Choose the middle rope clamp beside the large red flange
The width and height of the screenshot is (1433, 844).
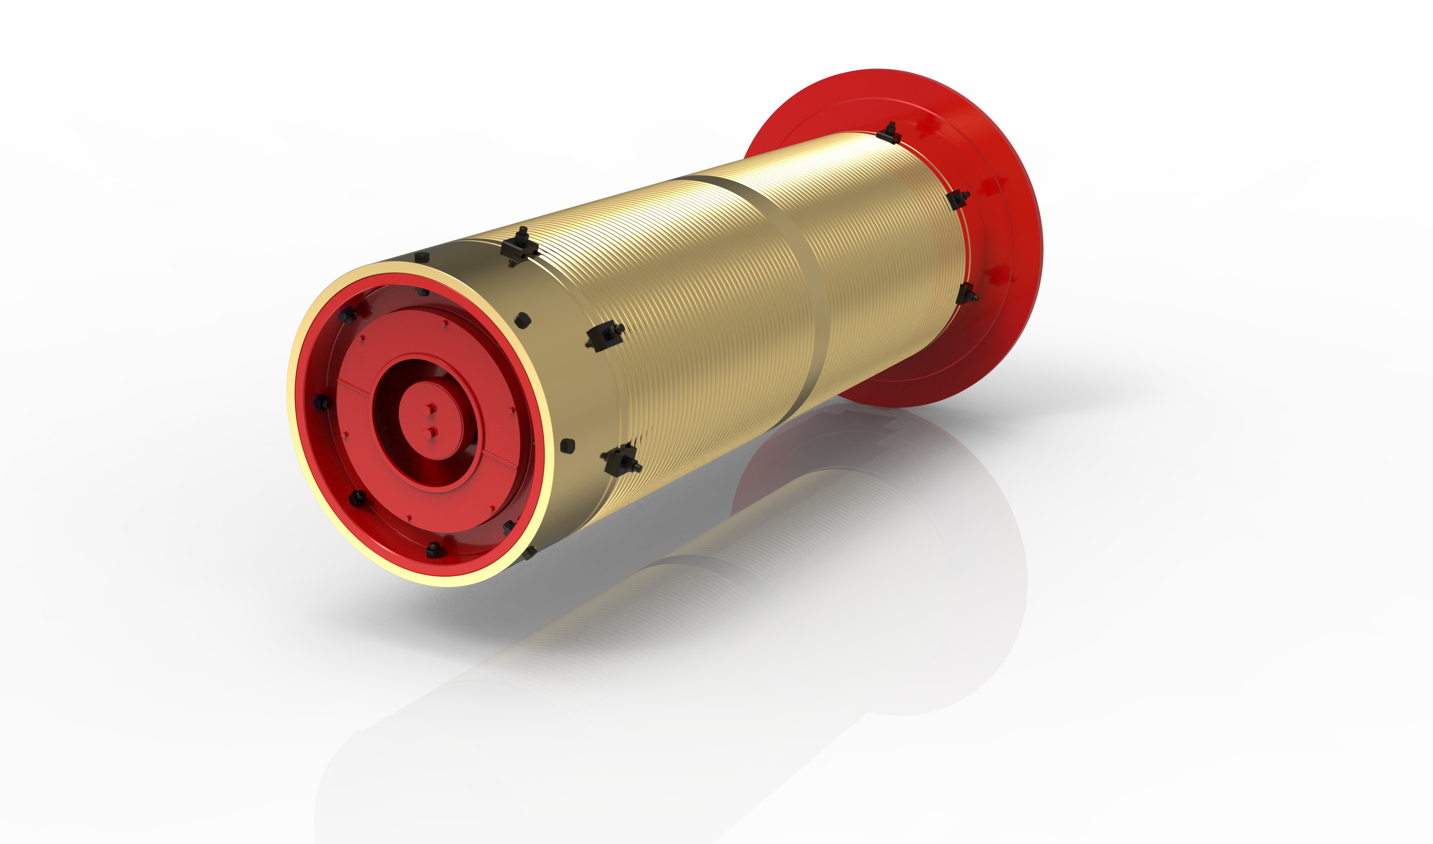pos(959,199)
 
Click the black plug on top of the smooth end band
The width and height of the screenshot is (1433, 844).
pos(422,257)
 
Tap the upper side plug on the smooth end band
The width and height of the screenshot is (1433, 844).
pos(523,320)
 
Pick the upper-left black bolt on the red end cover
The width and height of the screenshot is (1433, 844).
pos(347,315)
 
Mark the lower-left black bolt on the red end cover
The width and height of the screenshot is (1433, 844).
pos(358,498)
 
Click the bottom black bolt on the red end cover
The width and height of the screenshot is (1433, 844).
pos(434,549)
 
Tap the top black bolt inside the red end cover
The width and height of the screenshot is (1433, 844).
pos(423,292)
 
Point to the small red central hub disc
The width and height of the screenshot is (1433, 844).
pos(430,421)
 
